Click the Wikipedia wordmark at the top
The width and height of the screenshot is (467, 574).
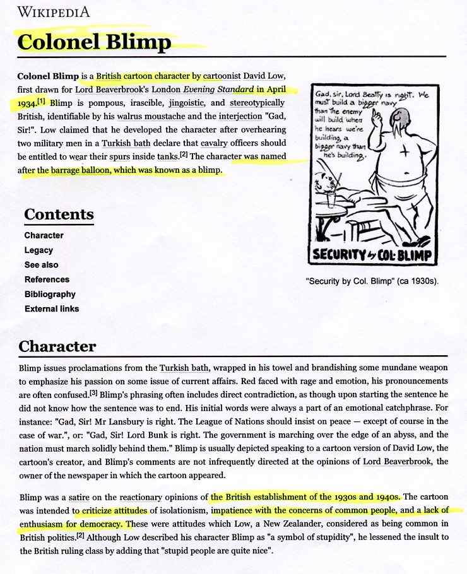tap(54, 11)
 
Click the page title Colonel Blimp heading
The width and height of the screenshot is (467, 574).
tap(95, 42)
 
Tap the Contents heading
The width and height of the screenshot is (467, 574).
tap(59, 214)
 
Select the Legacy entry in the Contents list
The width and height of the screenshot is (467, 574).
tap(38, 250)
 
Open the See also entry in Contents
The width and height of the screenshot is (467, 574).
tap(41, 265)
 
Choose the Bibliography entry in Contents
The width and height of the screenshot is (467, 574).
tap(50, 294)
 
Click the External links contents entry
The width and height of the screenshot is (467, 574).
tap(52, 308)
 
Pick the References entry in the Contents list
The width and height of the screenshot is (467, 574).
tap(47, 279)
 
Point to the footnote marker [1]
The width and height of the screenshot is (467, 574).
tap(42, 101)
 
